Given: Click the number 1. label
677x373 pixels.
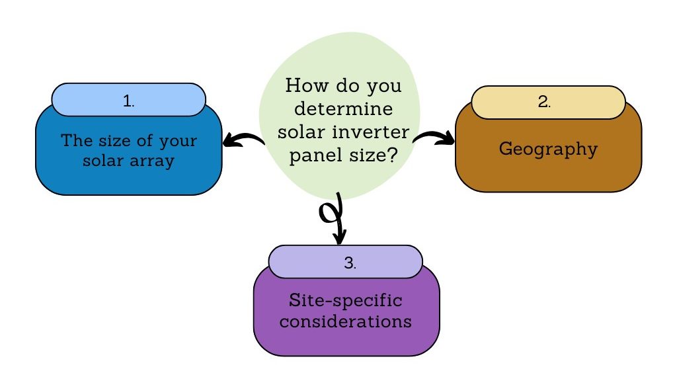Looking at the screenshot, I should pyautogui.click(x=128, y=101).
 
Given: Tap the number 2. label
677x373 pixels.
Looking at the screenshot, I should pyautogui.click(x=545, y=103).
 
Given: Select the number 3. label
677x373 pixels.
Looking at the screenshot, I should pyautogui.click(x=350, y=263).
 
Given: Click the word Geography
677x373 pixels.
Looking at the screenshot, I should pyautogui.click(x=547, y=149).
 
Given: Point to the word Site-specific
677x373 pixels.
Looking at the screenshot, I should pyautogui.click(x=345, y=300).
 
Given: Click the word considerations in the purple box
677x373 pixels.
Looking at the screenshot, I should pyautogui.click(x=346, y=321).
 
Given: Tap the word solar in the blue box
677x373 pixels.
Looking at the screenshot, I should pyautogui.click(x=101, y=161).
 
